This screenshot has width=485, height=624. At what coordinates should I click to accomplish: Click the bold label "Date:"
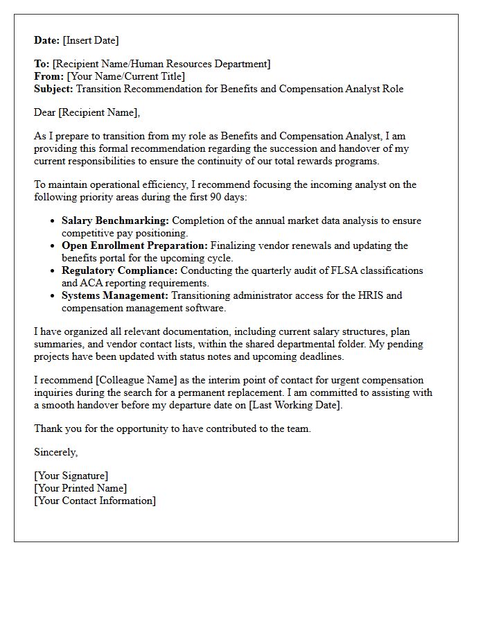coord(47,40)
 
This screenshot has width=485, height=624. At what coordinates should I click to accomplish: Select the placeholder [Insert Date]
coord(91,40)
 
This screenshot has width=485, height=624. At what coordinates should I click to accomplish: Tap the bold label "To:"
coord(42,64)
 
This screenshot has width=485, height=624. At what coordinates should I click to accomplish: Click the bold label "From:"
coord(48,76)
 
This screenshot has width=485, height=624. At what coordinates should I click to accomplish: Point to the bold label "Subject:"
coord(53,89)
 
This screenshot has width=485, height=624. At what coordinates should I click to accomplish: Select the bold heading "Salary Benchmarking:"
coord(115,220)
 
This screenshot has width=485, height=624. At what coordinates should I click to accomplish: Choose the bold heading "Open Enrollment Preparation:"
coord(134,245)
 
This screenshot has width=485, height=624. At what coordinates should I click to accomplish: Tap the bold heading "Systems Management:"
coord(115,295)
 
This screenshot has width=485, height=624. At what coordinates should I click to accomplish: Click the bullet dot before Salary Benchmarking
coord(53,221)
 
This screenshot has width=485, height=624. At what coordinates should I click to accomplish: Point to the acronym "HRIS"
coord(367,295)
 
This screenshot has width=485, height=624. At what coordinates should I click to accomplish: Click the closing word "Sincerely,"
coord(56,452)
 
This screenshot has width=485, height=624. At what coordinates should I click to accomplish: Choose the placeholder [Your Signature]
coord(71,476)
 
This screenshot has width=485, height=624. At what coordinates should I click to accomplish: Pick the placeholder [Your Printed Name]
coord(80,488)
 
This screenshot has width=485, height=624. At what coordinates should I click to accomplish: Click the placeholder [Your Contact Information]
coord(95,501)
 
